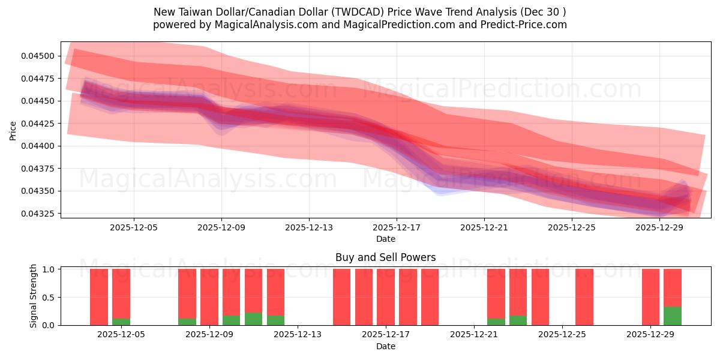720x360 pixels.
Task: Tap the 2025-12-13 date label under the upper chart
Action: (309, 227)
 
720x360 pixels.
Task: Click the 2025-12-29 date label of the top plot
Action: (659, 227)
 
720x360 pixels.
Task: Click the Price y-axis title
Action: (13, 130)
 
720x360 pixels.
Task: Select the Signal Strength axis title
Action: (34, 296)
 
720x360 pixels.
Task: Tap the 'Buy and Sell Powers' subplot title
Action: (385, 258)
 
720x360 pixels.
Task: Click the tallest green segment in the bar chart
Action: (673, 316)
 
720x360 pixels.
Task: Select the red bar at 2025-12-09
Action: (209, 296)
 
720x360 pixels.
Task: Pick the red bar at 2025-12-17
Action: (386, 296)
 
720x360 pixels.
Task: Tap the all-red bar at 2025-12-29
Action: (650, 296)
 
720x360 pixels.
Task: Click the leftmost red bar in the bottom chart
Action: (99, 296)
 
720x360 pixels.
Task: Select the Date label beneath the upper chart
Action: (385, 239)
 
